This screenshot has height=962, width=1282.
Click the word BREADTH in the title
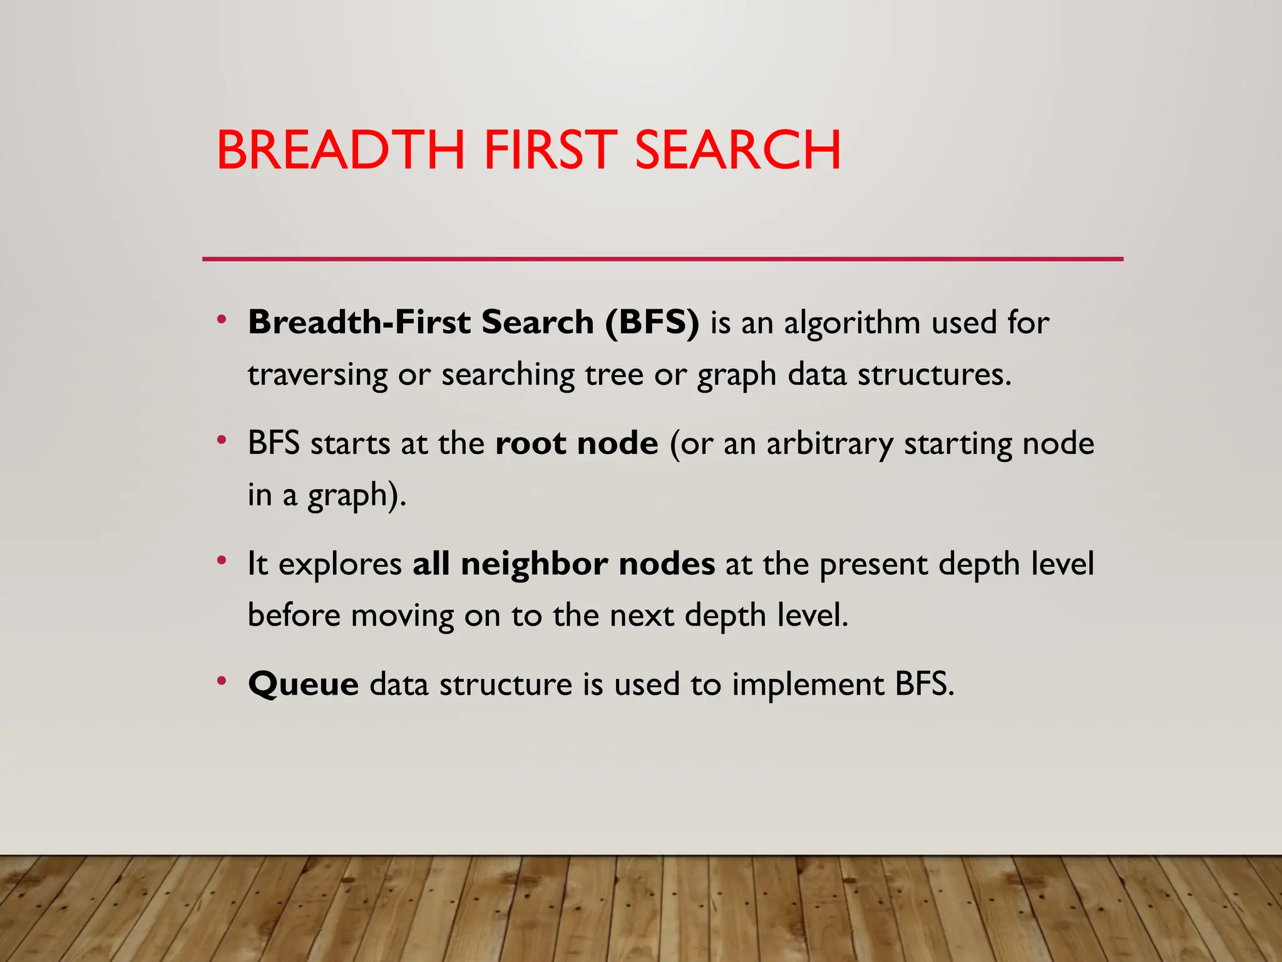[x=341, y=150]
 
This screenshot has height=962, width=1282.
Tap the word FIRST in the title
[x=550, y=150]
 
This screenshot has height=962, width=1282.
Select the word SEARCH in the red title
[x=737, y=150]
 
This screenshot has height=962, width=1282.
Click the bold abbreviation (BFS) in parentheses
[x=652, y=323]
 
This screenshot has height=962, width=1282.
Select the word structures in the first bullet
[x=933, y=375]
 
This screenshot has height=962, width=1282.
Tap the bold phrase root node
[x=577, y=443]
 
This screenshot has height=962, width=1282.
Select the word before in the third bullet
[x=294, y=615]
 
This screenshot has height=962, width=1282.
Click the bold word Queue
[x=304, y=684]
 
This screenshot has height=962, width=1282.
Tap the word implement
[x=808, y=684]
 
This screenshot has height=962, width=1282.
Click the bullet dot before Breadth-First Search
[x=221, y=320]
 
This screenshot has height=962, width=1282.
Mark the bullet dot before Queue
[x=221, y=681]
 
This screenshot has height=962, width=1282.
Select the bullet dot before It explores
[x=221, y=561]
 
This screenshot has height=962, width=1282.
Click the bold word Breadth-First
[x=359, y=323]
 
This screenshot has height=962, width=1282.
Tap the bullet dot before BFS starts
[x=221, y=440]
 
